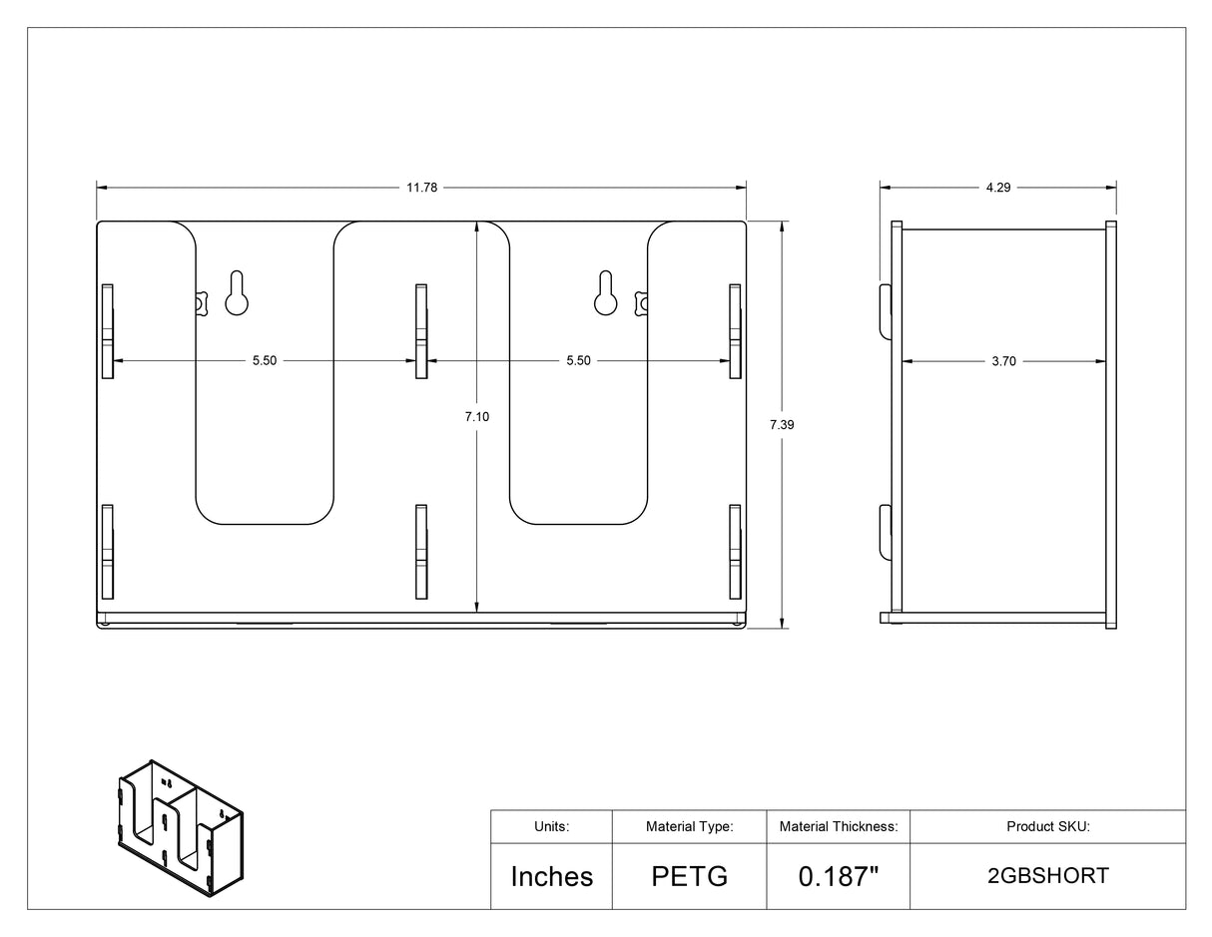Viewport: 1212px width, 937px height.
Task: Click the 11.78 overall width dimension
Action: point(421,188)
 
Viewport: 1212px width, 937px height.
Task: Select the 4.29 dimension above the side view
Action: point(997,188)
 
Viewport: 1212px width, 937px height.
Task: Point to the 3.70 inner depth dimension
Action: point(1003,362)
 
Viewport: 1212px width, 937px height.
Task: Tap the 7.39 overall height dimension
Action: point(782,425)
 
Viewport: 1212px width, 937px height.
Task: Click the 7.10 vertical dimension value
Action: point(477,416)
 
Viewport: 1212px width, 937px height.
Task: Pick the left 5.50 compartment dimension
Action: point(265,360)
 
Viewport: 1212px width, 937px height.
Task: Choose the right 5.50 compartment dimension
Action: point(578,360)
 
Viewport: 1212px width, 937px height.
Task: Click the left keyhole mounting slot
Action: point(237,293)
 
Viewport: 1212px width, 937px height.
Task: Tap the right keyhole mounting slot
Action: point(606,293)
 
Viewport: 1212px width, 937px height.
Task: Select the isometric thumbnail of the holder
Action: point(181,828)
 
